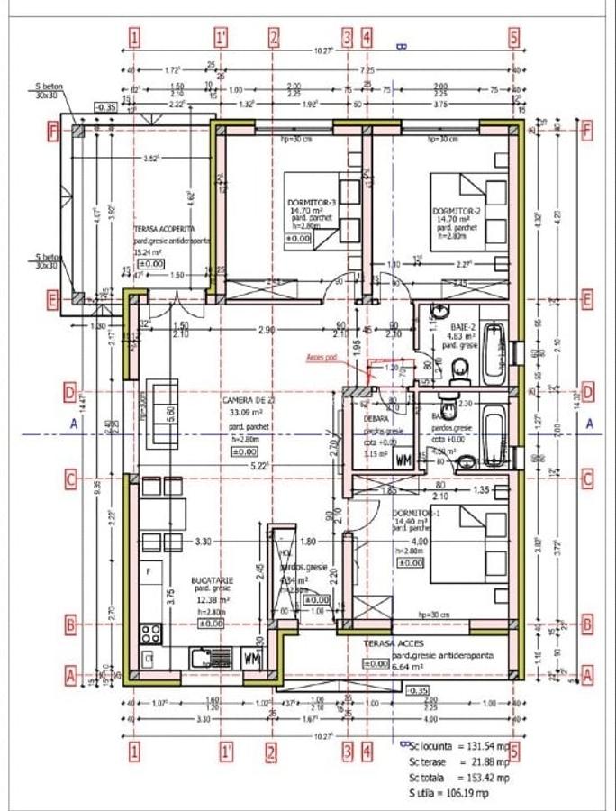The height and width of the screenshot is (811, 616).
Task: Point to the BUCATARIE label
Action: [213, 581]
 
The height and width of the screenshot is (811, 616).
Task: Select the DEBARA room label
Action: [376, 419]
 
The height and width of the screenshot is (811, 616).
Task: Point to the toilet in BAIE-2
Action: [460, 368]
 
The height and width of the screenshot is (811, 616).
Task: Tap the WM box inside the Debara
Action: [403, 460]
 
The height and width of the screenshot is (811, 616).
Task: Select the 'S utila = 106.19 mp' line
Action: [449, 793]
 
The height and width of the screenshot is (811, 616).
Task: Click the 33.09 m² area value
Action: [241, 414]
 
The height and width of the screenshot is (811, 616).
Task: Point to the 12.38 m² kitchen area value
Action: [213, 599]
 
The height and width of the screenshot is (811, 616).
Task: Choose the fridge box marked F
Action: [149, 570]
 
